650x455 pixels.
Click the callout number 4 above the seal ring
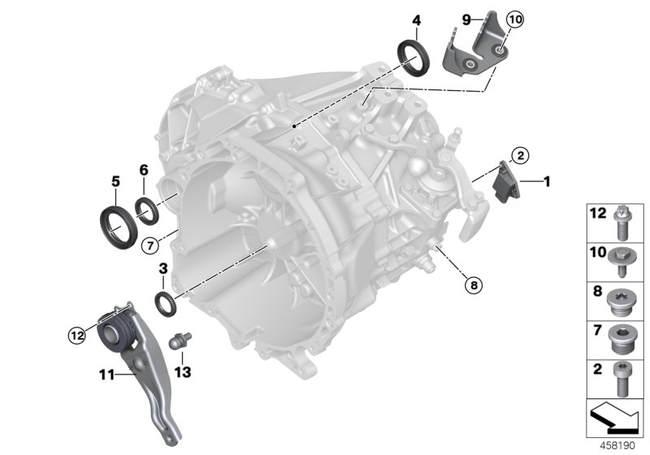point(416,19)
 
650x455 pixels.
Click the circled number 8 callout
point(472,284)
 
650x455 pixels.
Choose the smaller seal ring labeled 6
point(147,211)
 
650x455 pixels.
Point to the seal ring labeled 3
point(165,303)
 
